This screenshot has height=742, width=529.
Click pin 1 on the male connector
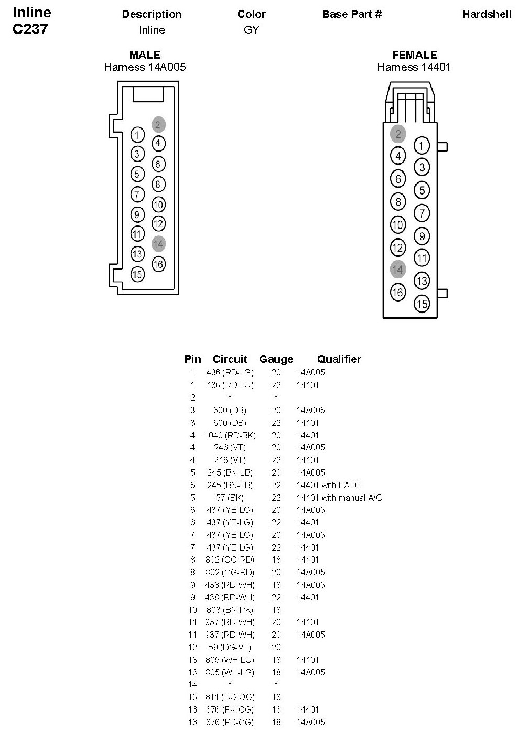[137, 135]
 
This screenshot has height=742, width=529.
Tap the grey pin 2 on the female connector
[398, 134]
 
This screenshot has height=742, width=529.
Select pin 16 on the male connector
[158, 264]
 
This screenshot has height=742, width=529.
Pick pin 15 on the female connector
[422, 303]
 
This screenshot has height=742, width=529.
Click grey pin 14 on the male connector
[158, 244]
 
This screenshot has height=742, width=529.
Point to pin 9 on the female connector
[422, 236]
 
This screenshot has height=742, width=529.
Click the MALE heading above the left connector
[145, 55]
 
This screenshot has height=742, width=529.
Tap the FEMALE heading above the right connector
[414, 55]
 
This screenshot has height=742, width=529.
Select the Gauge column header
[276, 359]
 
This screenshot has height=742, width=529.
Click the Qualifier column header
[339, 359]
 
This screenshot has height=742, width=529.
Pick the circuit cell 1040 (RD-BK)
[230, 435]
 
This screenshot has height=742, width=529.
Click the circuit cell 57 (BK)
[230, 498]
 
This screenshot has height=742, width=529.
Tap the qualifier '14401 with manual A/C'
[339, 498]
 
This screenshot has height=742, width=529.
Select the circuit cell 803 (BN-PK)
[230, 610]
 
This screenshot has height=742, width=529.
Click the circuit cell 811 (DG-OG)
[230, 697]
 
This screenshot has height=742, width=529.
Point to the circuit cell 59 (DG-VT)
[230, 647]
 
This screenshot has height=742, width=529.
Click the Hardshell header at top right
[487, 14]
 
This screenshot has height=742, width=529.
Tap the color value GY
[252, 30]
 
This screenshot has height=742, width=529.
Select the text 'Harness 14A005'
[145, 67]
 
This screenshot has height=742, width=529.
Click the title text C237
[30, 29]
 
